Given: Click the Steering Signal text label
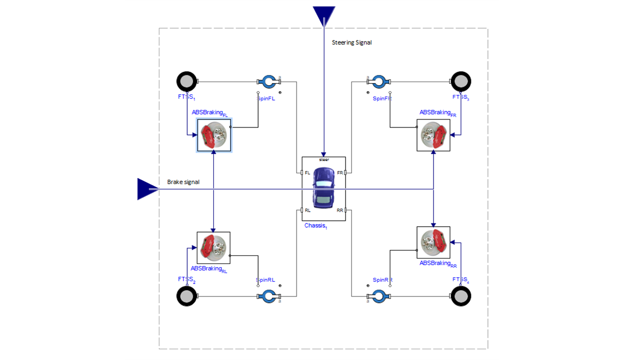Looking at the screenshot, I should point(351,43).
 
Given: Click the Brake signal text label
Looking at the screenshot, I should point(183,182).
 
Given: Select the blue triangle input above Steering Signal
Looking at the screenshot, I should point(324,15).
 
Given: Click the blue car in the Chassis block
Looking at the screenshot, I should point(323,188).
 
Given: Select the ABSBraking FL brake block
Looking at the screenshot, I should point(214,135).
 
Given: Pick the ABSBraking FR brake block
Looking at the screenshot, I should point(433,135).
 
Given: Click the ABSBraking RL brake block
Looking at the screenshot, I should point(213,248).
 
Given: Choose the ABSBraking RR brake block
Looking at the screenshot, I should point(433,243).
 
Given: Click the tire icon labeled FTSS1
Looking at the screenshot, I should point(187,82).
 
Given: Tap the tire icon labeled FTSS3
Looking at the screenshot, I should point(461,82).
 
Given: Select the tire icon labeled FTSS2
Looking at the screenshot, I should point(187,296).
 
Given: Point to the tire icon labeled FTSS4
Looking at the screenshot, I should point(461,296).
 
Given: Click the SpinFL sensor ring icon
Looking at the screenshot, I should point(269,82).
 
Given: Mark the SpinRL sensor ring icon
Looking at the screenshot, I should point(269,296).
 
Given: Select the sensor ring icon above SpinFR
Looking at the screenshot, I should point(379,82).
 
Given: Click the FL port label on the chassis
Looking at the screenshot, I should point(307,173).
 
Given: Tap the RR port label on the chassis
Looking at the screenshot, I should point(340,211).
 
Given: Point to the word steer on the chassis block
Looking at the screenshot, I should point(324,159).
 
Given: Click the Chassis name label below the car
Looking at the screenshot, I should point(315,226).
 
